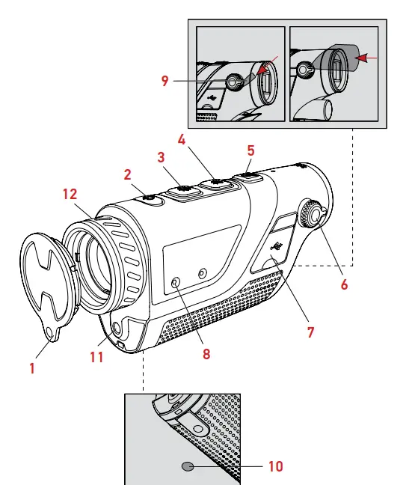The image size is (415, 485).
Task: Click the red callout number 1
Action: [x=31, y=369]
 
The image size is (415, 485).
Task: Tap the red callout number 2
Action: [x=128, y=174]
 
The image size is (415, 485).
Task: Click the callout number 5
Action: [x=250, y=150]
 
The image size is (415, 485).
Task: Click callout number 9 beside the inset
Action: [x=166, y=81]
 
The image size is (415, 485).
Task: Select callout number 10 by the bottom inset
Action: [x=276, y=466]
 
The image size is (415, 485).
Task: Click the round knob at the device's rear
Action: [x=312, y=216]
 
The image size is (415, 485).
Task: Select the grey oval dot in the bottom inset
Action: [x=188, y=466]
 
